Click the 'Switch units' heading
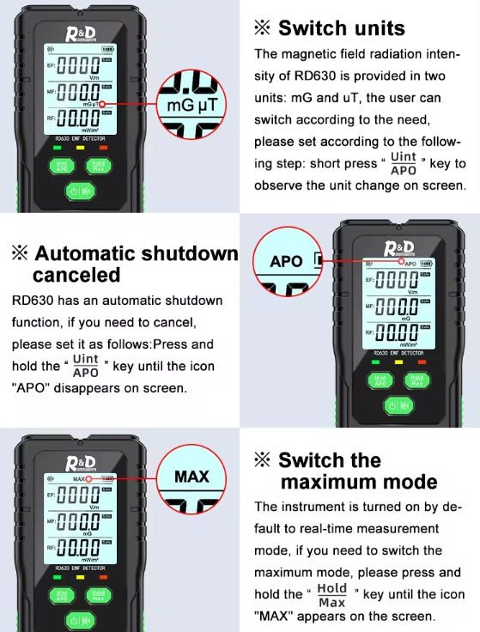(x=329, y=27)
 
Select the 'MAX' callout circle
(x=191, y=476)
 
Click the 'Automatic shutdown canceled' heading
(x=125, y=264)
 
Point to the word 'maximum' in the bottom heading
(x=359, y=482)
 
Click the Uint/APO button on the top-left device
(x=62, y=165)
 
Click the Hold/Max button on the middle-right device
(x=417, y=380)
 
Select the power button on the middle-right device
(x=398, y=404)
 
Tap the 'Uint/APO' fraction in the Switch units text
(x=403, y=163)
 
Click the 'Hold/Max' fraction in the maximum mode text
(x=331, y=593)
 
